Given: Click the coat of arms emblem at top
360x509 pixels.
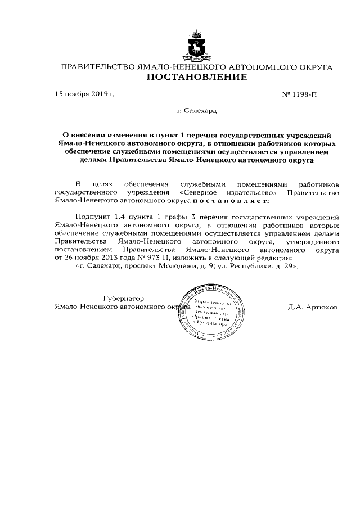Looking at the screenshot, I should [196, 46].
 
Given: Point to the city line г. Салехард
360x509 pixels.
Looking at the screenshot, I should [196, 111].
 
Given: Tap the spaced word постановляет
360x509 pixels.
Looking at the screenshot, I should [231, 200].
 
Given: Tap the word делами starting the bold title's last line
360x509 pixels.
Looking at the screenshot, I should [94, 160].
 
